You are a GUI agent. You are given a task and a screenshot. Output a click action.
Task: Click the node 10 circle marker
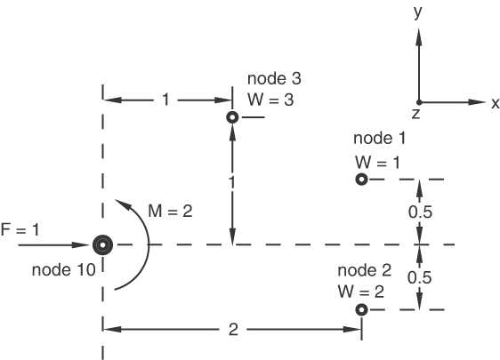102,245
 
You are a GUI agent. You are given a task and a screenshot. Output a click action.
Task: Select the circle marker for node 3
232,117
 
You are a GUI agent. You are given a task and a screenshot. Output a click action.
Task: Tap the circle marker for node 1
361,180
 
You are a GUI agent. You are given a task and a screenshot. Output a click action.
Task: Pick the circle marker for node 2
361,309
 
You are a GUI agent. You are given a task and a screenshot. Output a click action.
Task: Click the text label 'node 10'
64,270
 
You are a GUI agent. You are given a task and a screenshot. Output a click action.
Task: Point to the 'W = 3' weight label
270,100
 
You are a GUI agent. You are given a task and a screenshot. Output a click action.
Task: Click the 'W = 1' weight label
377,163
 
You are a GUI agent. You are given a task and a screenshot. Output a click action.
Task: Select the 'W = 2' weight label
361,292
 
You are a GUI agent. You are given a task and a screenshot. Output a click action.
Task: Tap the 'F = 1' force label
20,229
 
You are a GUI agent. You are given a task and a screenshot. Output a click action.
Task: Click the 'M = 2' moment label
170,211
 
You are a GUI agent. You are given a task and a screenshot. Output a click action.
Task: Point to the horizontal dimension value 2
233,330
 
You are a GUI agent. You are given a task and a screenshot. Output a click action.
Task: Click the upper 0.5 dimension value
420,212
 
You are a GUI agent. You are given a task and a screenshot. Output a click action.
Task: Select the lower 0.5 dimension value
420,277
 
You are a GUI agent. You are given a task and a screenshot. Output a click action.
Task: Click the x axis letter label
496,103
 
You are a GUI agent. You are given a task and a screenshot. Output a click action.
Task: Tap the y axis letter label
418,12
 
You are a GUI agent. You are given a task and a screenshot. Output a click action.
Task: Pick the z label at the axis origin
415,114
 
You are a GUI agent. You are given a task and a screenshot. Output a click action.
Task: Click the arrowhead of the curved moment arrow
122,204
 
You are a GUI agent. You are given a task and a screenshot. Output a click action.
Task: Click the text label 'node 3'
274,78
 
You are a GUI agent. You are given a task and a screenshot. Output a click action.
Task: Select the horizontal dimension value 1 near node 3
165,100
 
